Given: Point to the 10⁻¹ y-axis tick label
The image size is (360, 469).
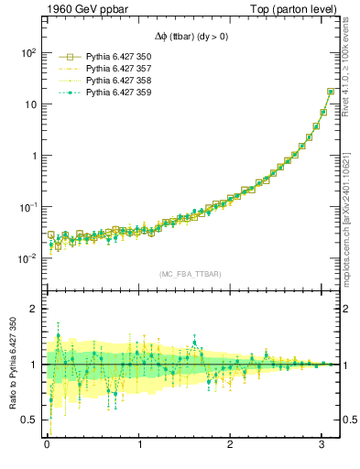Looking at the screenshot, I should click(27, 207).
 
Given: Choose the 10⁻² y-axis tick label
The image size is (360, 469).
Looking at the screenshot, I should click(27, 258).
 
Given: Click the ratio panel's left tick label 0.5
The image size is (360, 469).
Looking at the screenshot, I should click(29, 420).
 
